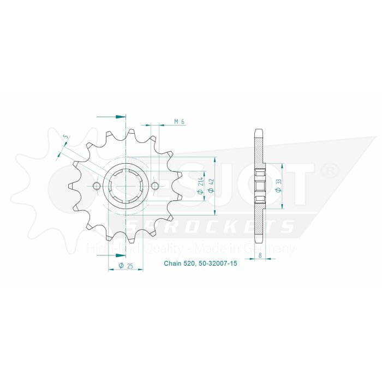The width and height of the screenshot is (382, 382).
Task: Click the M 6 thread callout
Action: [178, 121]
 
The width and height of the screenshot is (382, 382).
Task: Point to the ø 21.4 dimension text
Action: [201, 187]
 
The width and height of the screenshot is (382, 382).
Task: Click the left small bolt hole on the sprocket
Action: [97, 187]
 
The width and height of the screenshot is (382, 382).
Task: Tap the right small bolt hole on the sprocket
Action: [155, 187]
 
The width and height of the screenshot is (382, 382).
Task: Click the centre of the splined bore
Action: [126, 187]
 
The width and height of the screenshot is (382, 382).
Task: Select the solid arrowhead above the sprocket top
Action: [121, 116]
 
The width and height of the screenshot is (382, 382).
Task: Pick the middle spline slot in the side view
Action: [260, 187]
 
